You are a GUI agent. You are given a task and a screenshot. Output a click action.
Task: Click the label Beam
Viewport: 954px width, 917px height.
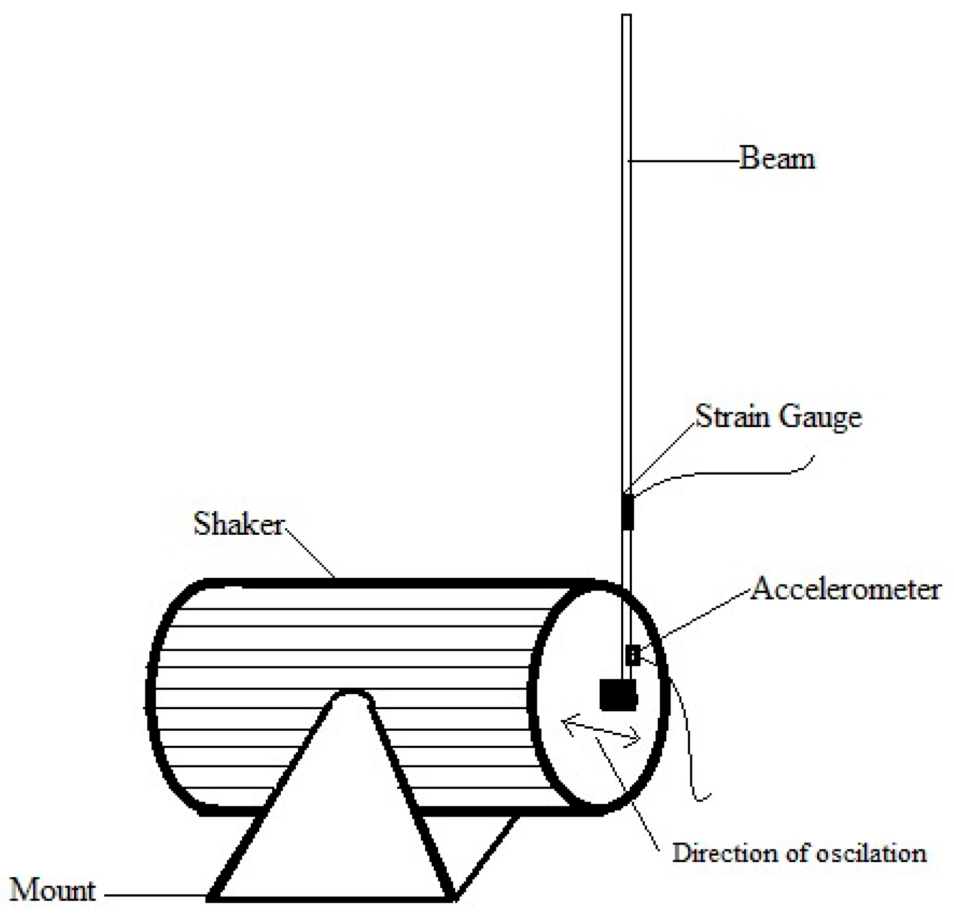[x=776, y=159]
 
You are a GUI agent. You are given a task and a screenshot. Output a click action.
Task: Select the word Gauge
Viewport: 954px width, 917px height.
[x=820, y=418]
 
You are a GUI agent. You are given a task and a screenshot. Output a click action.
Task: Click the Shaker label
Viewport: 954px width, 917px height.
[x=238, y=523]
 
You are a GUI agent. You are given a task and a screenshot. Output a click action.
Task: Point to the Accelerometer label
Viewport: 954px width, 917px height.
[x=846, y=589]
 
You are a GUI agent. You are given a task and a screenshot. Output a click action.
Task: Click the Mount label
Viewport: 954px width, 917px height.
[x=53, y=890]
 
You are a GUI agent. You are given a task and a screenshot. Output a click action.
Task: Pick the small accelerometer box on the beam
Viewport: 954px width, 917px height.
[x=633, y=655]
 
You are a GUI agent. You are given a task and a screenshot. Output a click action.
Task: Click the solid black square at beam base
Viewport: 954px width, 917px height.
[x=618, y=695]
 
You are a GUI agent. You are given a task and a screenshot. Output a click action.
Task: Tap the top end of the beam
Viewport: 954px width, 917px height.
[x=627, y=17]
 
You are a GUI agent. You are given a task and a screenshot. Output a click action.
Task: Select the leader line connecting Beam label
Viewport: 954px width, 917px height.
[x=684, y=160]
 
